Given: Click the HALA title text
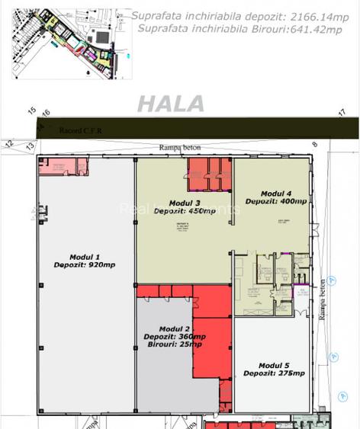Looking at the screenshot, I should point(171,104).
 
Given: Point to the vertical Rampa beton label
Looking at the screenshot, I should point(323,298).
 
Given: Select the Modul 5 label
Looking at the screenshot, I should point(274,364).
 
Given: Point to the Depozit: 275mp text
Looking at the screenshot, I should point(274,373).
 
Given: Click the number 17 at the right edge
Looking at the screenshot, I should point(342,113).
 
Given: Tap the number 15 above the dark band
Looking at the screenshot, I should point(32,110).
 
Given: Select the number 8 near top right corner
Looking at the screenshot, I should point(313,143).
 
